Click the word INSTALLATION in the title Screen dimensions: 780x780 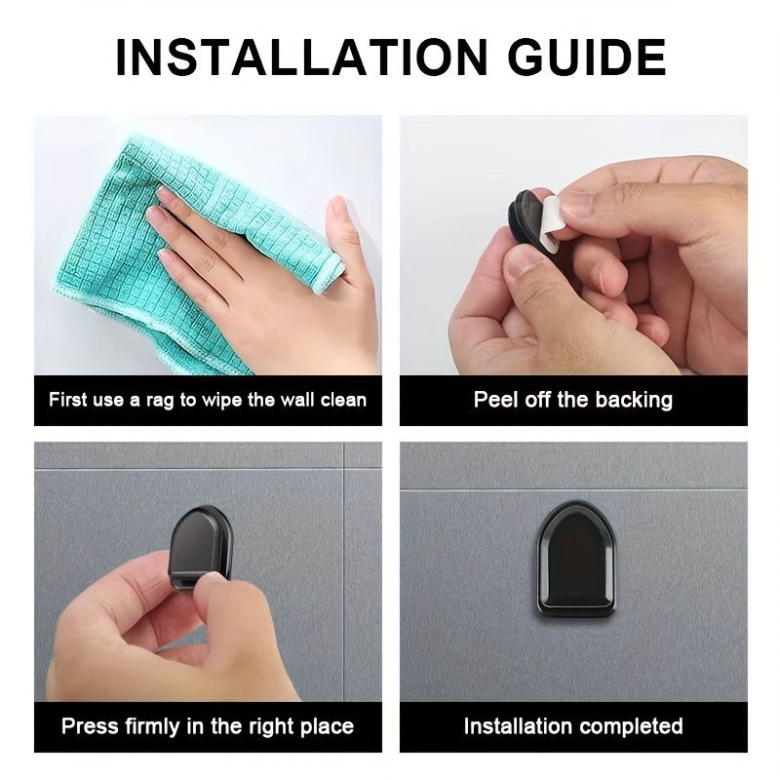pos(301,58)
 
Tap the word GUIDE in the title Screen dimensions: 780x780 pos(587,58)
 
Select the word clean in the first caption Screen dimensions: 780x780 pos(343,400)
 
